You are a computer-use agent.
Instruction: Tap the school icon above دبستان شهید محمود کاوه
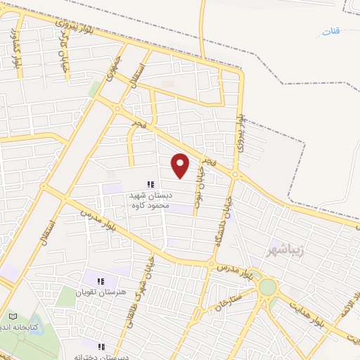(149, 184)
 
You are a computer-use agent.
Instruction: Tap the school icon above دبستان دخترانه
(102, 346)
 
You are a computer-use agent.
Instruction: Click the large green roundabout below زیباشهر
(268, 288)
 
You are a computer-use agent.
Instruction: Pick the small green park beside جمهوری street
(94, 89)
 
